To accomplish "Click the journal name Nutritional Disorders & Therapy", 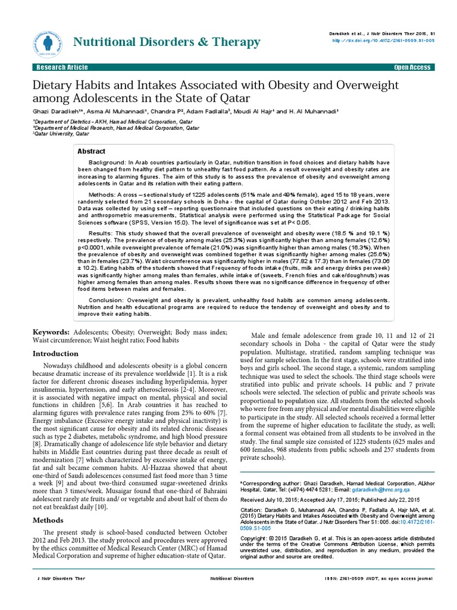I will (166, 42).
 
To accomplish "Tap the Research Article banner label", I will (61, 67).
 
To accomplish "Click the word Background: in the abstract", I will (107, 163).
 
